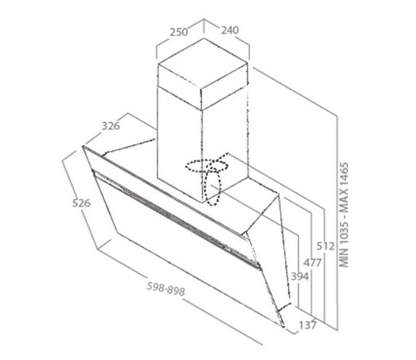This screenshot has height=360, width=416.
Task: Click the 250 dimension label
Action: tap(179, 32)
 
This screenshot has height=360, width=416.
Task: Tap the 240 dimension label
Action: tap(230, 30)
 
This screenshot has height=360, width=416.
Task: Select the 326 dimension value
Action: tap(111, 126)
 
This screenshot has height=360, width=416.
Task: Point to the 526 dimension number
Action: tap(82, 203)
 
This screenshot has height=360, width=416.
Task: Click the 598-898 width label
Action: tap(166, 288)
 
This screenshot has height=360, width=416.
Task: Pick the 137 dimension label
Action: tap(307, 325)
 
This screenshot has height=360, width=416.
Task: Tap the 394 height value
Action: tap(300, 276)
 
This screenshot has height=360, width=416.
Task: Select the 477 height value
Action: tap(313, 262)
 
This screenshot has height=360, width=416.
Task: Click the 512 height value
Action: tap(326, 247)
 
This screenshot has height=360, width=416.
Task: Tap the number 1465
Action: tap(344, 174)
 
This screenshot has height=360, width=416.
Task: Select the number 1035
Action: tap(344, 233)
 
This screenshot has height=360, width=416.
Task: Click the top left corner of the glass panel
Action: tap(82, 146)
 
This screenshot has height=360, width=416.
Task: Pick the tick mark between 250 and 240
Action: tap(204, 26)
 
